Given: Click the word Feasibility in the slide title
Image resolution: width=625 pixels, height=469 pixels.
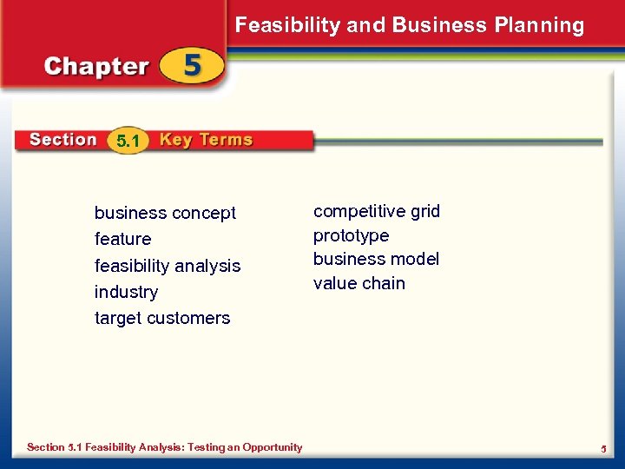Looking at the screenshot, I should [287, 25].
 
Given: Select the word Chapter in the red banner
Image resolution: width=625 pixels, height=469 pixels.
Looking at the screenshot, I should [96, 67].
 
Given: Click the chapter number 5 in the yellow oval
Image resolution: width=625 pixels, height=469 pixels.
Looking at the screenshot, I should [192, 67].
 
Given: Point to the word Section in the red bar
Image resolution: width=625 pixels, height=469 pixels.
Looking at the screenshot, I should [62, 140].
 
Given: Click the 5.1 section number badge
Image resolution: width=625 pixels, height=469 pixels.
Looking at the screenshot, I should [128, 141].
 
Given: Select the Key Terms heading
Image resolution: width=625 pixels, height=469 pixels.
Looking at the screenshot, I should [206, 140].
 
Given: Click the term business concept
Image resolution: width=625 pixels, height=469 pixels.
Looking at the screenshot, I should [165, 213].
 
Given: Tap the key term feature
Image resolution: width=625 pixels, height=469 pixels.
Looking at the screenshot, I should [122, 239].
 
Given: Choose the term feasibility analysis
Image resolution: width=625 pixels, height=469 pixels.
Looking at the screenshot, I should [168, 266].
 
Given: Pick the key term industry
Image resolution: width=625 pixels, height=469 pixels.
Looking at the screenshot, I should [126, 292].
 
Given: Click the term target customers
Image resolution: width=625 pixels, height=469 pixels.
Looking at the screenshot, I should [162, 318].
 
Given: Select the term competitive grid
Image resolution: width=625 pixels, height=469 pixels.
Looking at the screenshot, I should [377, 211].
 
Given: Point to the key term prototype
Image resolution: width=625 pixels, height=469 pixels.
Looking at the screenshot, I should [351, 235].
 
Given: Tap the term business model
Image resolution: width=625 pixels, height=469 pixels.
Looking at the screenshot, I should [376, 259].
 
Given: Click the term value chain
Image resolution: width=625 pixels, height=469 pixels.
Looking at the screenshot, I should [359, 283].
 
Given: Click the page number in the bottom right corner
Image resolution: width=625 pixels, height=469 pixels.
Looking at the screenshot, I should [602, 448].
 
